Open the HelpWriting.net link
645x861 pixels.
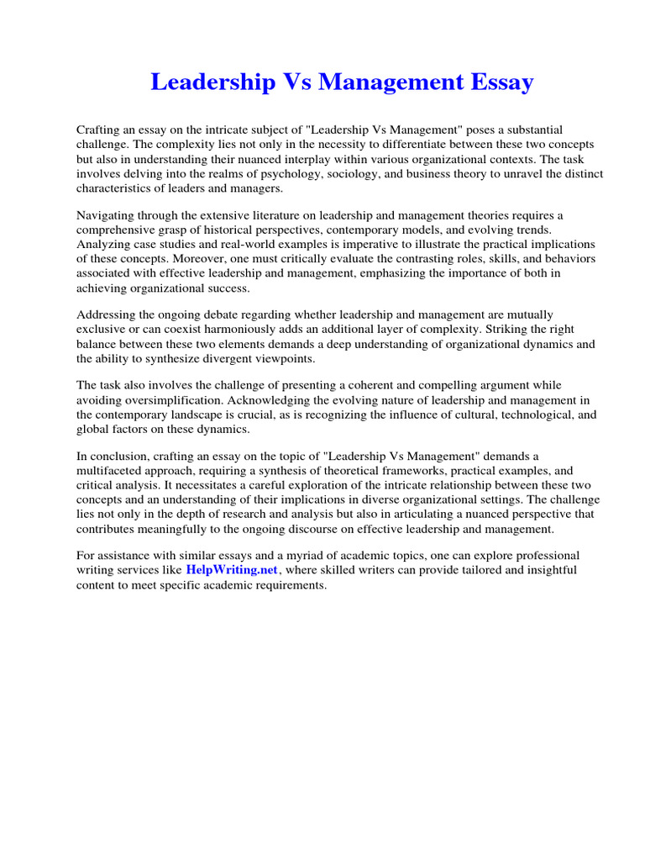pos(231,570)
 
